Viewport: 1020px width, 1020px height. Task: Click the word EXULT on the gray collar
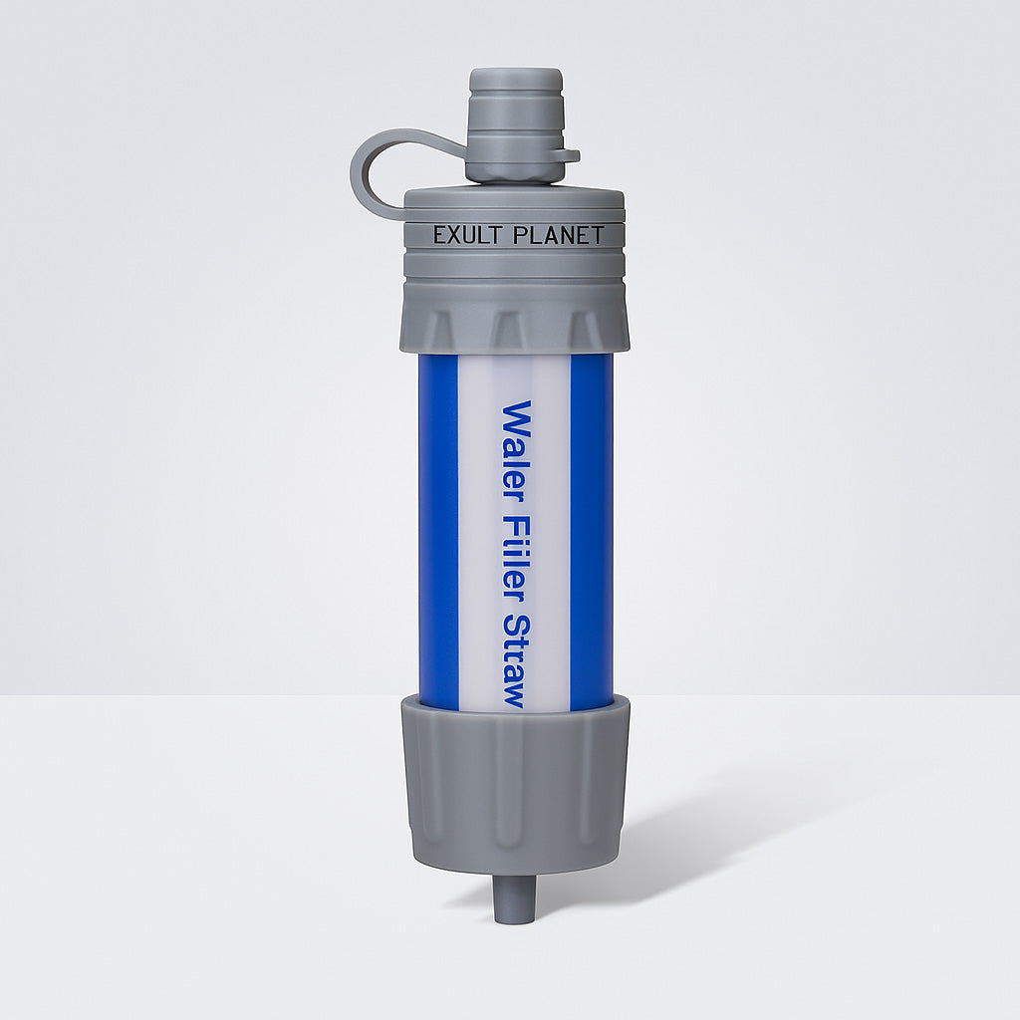[x=465, y=236]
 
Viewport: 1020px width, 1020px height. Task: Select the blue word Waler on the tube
[x=516, y=442]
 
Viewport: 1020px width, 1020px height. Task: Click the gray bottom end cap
[x=514, y=772]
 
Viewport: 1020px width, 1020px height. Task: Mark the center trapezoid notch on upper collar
[x=509, y=330]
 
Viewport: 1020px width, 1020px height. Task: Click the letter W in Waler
[x=516, y=416]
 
